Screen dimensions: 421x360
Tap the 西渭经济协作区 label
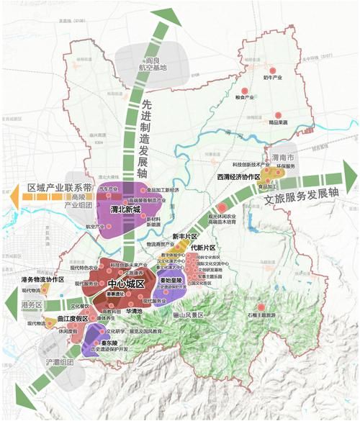pyautogui.click(x=240, y=176)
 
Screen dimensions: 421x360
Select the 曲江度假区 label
pyautogui.click(x=72, y=317)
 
